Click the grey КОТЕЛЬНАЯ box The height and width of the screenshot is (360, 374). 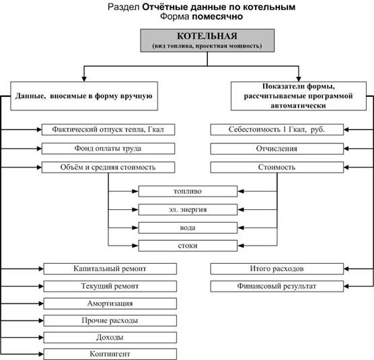click(207, 40)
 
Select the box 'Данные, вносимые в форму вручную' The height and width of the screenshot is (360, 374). click(84, 96)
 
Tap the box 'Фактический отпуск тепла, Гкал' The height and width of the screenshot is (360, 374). click(108, 130)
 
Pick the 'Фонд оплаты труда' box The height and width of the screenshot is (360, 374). click(108, 149)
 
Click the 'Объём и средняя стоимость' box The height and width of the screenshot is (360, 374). click(108, 168)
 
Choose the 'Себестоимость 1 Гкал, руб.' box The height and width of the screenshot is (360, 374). click(277, 130)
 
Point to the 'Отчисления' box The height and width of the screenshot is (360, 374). click(277, 149)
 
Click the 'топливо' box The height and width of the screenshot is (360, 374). click(188, 191)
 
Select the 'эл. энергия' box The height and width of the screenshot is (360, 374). click(188, 210)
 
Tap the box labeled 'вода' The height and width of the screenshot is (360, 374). click(188, 228)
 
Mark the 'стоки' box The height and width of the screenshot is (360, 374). click(188, 246)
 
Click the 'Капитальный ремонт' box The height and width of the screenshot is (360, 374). click(110, 269)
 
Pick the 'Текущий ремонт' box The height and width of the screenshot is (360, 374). click(110, 286)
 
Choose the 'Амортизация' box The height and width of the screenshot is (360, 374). click(110, 303)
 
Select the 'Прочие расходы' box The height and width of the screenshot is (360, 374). click(110, 321)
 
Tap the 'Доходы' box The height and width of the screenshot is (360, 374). click(110, 338)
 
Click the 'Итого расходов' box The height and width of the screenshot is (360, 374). click(277, 269)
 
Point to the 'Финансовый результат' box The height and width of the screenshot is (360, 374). click(277, 286)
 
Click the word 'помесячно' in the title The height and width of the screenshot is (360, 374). click(217, 16)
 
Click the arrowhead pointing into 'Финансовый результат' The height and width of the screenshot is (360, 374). click(346, 286)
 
